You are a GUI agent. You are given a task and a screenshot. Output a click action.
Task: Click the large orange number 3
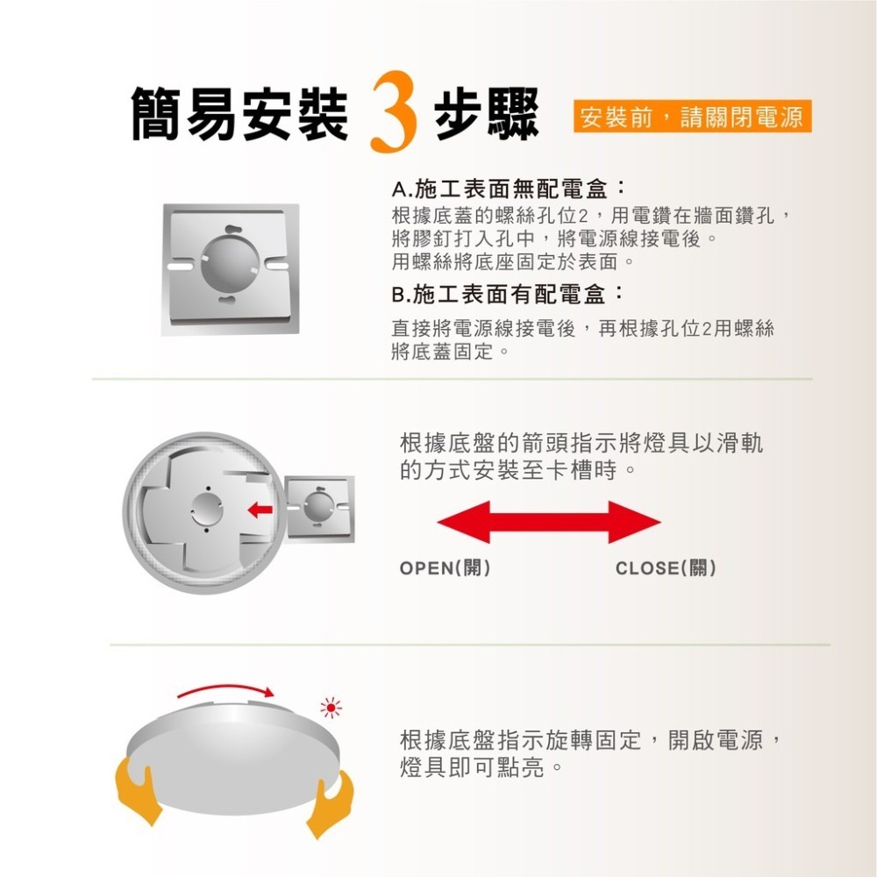tap(392, 115)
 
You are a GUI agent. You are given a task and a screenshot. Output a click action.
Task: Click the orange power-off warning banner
tap(692, 118)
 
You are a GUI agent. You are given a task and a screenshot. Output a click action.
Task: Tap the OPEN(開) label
tap(444, 568)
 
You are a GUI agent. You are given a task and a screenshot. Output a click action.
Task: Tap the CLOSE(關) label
tap(666, 568)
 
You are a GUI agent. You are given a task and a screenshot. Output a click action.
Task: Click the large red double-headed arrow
tap(548, 523)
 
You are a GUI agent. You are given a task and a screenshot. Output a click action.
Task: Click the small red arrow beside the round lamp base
tap(258, 509)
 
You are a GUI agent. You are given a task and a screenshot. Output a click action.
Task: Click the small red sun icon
tap(331, 706)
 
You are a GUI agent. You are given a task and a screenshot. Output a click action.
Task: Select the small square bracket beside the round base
tap(319, 509)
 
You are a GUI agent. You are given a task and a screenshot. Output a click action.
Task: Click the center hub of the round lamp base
tap(208, 509)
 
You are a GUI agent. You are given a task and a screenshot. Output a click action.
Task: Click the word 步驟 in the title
tap(486, 115)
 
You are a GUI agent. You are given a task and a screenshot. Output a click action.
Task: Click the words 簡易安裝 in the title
tap(239, 115)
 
